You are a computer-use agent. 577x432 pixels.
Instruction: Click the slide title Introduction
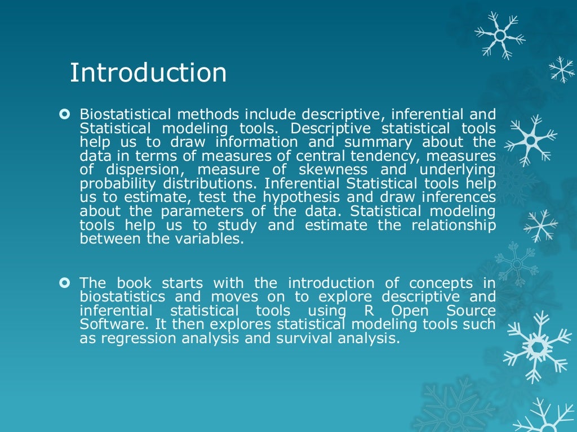point(148,73)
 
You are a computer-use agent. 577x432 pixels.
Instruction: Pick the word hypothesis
point(304,197)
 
